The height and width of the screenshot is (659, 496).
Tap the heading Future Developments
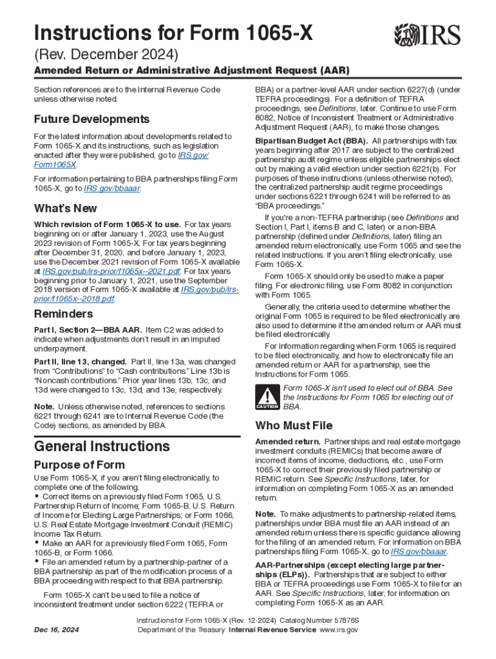pyautogui.click(x=91, y=119)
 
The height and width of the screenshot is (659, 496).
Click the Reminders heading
pyautogui.click(x=63, y=314)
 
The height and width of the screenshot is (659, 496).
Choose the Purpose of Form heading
pyautogui.click(x=79, y=465)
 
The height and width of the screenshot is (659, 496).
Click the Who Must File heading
pyautogui.click(x=294, y=425)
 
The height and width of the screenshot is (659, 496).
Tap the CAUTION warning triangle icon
pyautogui.click(x=267, y=397)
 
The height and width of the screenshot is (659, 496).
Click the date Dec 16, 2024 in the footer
pyautogui.click(x=57, y=629)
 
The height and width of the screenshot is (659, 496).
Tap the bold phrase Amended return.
pyautogui.click(x=288, y=442)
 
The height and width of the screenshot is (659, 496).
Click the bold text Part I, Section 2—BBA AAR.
pyautogui.click(x=88, y=329)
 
